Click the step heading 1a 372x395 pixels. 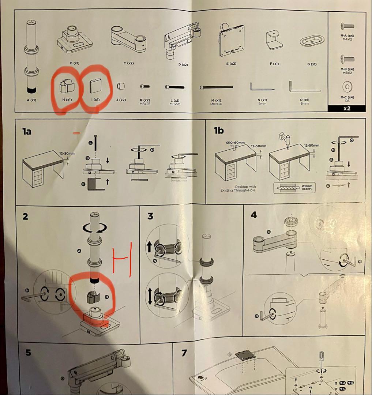(x=27, y=131)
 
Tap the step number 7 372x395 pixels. (x=184, y=353)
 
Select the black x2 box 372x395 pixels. (x=346, y=108)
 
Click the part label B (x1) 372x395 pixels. (x=75, y=63)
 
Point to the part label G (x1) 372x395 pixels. (x=312, y=64)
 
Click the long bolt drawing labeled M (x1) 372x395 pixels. (x=217, y=87)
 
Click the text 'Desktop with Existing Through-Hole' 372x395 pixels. (x=238, y=188)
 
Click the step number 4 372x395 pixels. (x=254, y=215)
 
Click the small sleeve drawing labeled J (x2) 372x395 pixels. (x=121, y=87)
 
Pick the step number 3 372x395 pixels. (x=150, y=216)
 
